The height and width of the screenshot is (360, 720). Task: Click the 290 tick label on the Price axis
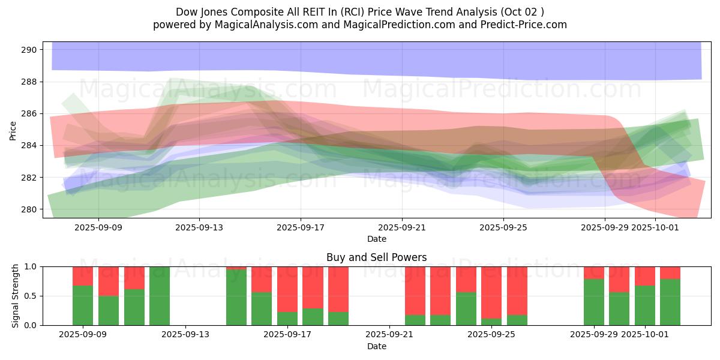click(29, 50)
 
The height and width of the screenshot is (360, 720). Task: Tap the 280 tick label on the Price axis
click(29, 209)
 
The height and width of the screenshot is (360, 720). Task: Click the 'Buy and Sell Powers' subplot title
click(376, 257)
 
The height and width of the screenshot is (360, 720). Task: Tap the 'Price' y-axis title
click(13, 130)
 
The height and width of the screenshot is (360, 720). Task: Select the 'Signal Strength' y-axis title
click(15, 296)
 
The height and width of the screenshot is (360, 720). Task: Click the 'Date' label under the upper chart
click(376, 239)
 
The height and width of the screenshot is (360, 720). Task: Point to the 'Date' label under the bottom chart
click(376, 346)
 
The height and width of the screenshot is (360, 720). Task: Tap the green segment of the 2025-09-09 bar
click(83, 305)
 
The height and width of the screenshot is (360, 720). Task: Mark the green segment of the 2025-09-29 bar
click(594, 302)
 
